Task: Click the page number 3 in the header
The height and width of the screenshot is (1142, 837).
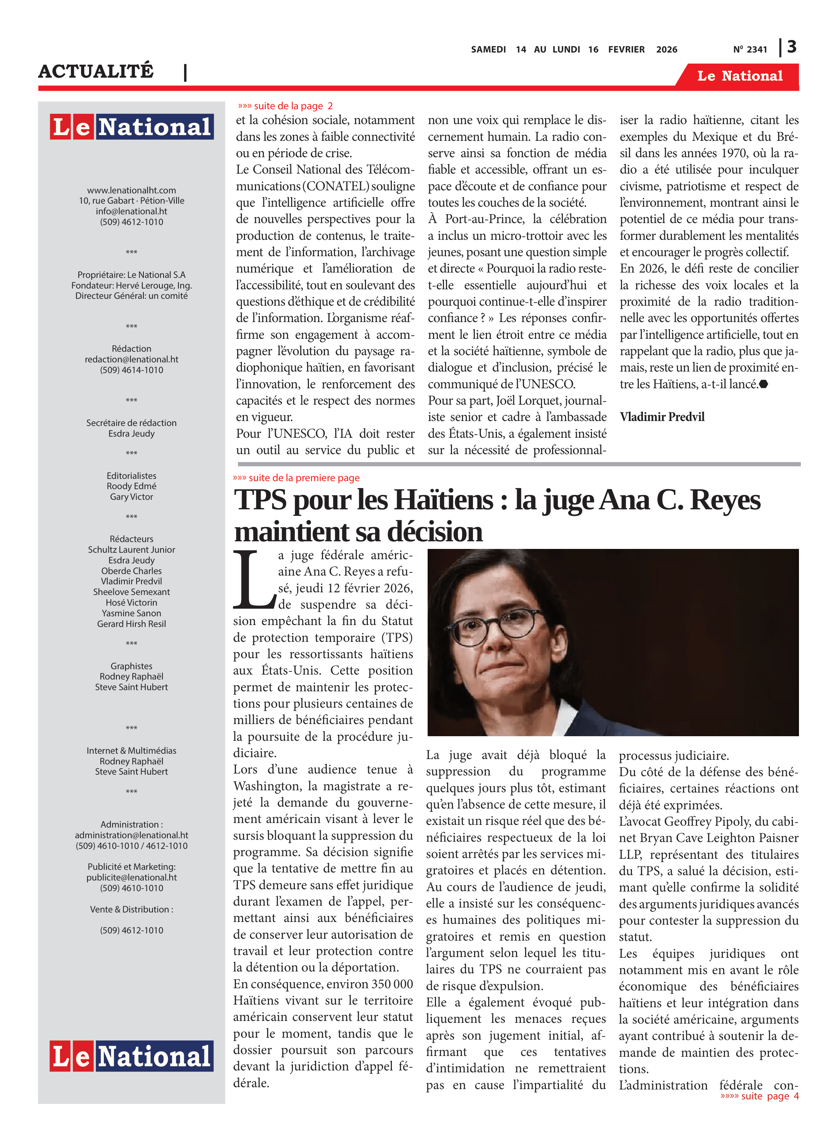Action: point(791,47)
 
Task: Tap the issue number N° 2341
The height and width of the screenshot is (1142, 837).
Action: point(750,49)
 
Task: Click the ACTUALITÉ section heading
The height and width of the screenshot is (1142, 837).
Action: point(96,71)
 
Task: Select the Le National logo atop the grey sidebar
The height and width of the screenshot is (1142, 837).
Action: point(132,126)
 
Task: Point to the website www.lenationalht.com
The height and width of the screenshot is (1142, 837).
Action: point(132,190)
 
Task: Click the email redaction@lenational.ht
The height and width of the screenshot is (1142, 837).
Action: point(132,359)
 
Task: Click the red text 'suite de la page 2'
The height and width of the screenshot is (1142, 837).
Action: point(286,106)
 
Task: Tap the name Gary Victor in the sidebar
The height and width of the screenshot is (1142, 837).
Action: point(132,497)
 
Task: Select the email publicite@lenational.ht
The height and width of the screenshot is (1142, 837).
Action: point(132,877)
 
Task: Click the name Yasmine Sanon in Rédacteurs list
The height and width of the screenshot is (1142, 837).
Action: point(132,613)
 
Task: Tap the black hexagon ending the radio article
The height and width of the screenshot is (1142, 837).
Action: point(764,384)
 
